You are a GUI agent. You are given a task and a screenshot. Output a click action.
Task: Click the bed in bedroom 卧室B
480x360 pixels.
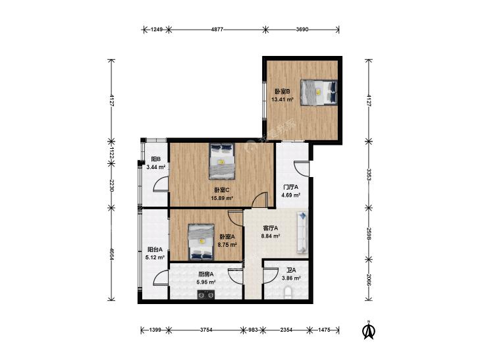319,92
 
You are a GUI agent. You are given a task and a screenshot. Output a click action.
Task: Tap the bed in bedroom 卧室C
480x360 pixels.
223,161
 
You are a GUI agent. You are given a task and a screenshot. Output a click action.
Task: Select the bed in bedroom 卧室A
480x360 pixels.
201,242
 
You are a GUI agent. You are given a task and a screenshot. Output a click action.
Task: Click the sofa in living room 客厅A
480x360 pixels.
302,232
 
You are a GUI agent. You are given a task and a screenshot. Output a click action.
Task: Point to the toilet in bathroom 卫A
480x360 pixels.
288,293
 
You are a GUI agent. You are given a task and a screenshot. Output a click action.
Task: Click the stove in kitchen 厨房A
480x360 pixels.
205,295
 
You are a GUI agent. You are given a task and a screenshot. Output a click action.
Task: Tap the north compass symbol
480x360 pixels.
369,330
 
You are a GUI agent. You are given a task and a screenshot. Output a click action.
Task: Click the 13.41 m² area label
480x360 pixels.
282,99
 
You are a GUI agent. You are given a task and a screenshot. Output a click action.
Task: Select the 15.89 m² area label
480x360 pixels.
223,198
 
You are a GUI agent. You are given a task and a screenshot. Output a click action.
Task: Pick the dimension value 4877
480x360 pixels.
217,30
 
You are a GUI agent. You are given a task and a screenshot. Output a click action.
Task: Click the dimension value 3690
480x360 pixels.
302,30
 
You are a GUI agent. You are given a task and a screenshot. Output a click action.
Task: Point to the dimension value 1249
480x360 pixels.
157,30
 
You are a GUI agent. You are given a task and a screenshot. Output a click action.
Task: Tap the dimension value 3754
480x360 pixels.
206,330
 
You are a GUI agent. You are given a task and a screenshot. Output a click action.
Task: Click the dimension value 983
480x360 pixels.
253,330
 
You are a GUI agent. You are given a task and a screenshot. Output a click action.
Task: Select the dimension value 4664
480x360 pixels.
111,254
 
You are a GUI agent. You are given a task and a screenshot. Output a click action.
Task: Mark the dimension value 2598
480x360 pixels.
369,233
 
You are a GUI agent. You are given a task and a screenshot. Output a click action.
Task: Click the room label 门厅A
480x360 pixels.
290,186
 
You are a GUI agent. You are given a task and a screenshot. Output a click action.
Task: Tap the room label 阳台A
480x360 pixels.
155,249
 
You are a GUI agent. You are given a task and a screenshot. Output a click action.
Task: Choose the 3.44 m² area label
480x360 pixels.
156,167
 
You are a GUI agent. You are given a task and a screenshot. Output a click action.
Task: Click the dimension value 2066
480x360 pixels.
369,280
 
